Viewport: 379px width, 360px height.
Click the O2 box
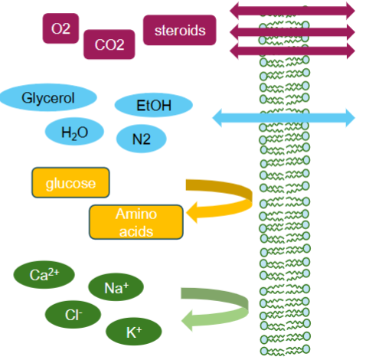pos(60,28)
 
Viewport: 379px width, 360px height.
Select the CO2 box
pos(109,44)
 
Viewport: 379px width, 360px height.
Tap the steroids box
pos(180,31)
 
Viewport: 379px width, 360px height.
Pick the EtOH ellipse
pos(153,105)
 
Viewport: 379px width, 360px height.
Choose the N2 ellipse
pos(141,139)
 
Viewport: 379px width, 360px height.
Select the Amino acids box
pos(136,222)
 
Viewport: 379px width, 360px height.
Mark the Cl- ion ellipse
pos(74,314)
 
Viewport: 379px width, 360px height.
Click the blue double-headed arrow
pos(283,118)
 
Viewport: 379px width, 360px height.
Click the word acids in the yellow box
pos(136,231)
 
